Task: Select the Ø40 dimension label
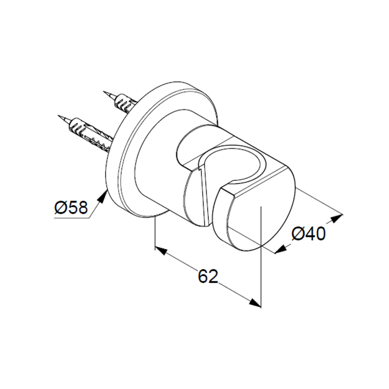[309, 234]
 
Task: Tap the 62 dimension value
[208, 276]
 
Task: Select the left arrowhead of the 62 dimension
[161, 250]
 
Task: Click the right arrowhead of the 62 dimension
[255, 302]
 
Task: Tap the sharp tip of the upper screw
[104, 91]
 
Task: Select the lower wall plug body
[90, 135]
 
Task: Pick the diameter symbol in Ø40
[298, 234]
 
